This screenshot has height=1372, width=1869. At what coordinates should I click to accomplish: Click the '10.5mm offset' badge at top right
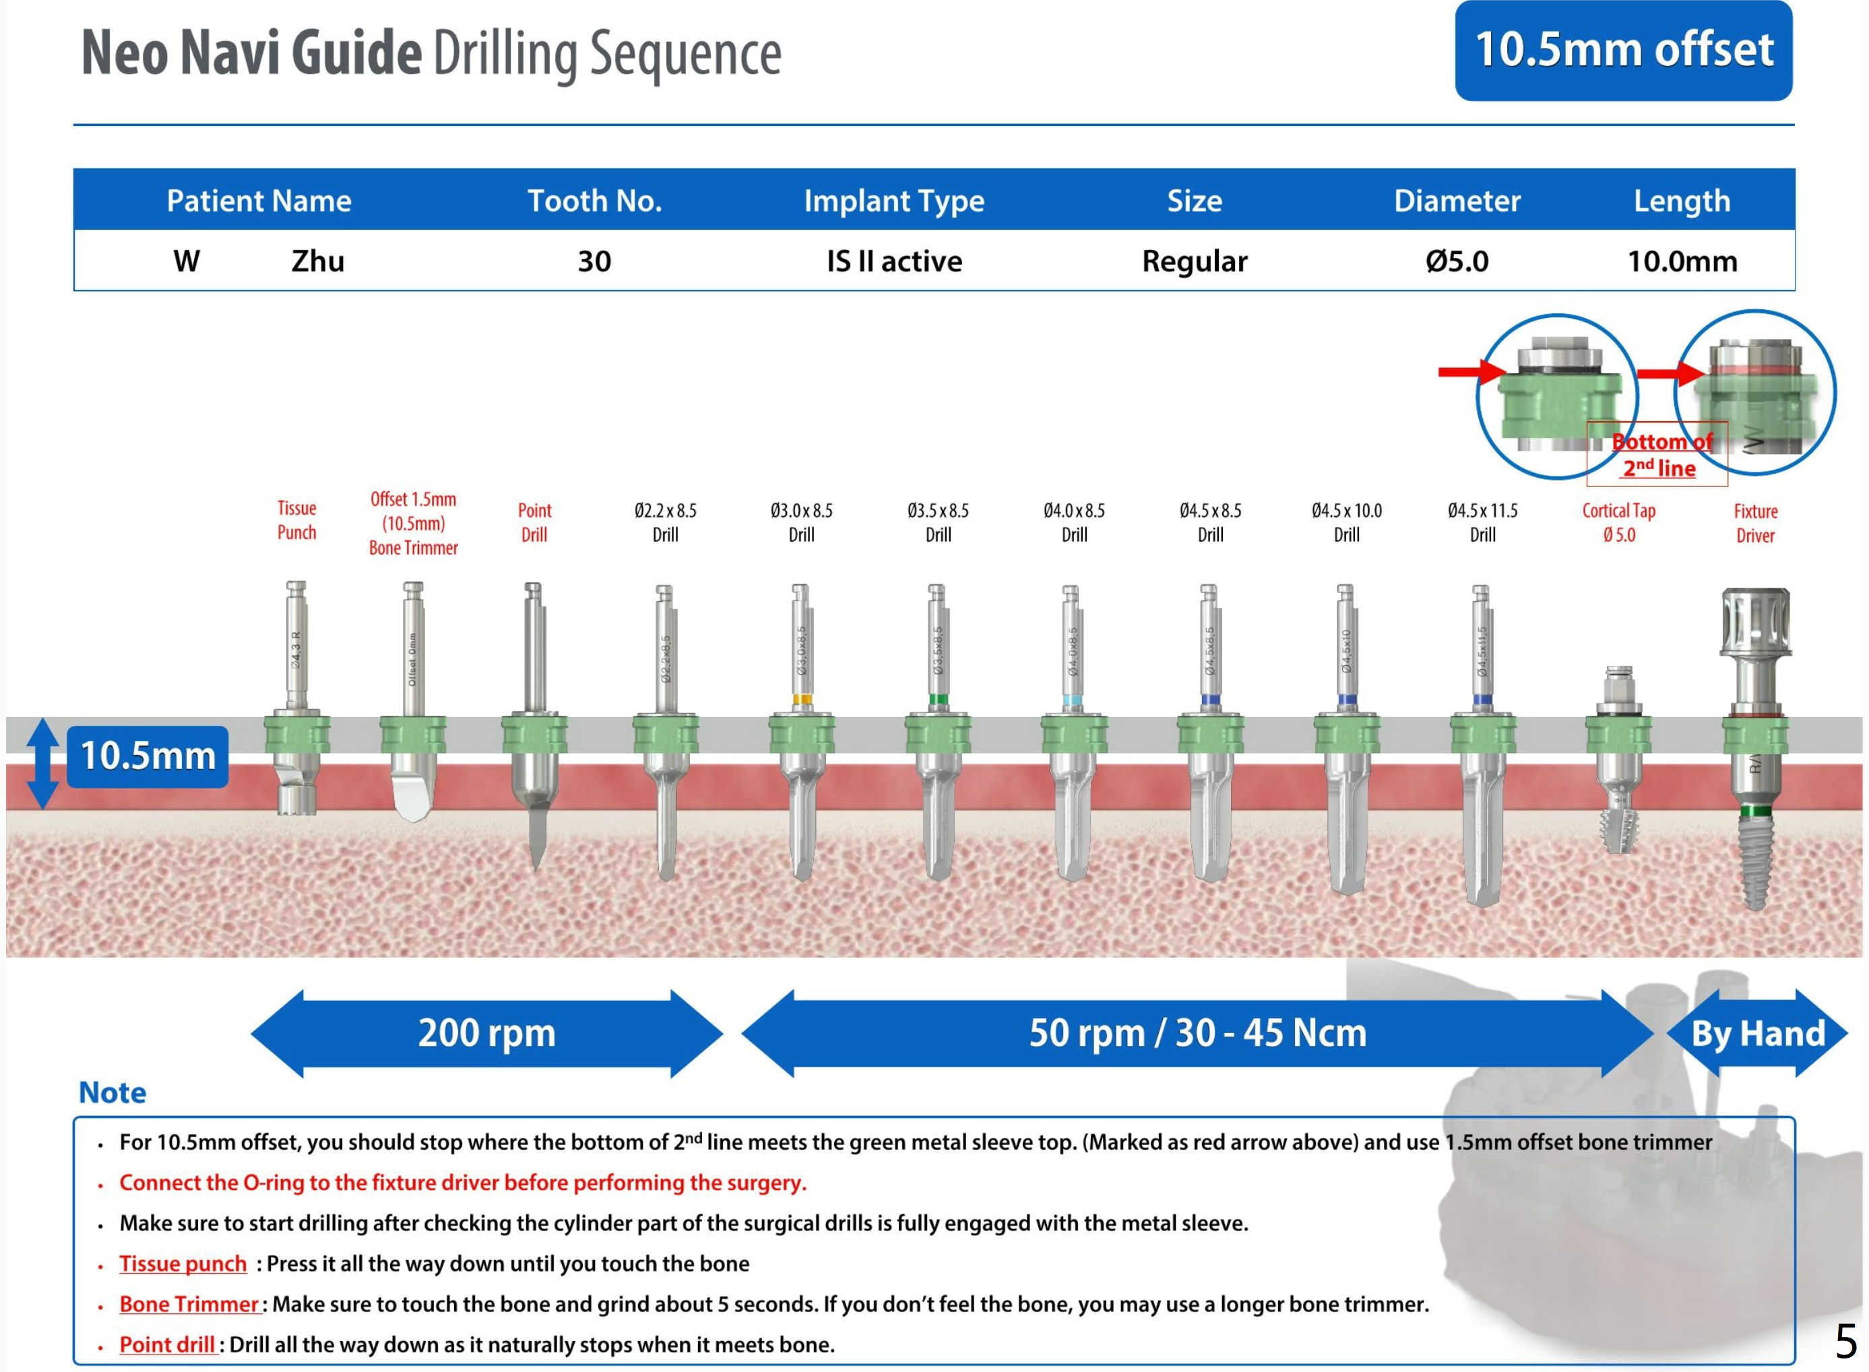tap(1622, 50)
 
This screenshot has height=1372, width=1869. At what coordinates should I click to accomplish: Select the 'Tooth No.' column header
tap(594, 200)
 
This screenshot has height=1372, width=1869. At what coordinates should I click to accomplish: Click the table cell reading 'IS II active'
tap(893, 261)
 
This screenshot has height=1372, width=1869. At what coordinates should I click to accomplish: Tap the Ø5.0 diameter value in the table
tap(1457, 261)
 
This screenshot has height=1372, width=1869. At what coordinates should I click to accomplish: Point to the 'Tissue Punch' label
tap(296, 520)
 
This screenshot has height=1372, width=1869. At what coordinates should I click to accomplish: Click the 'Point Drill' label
tap(534, 522)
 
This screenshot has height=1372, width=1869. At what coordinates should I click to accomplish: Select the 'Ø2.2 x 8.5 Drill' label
tap(665, 522)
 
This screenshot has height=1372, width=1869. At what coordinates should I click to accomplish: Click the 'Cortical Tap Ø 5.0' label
tap(1618, 522)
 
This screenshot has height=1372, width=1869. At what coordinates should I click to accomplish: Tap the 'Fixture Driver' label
tap(1754, 522)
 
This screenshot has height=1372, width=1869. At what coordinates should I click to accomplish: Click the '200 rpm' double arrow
tap(486, 1033)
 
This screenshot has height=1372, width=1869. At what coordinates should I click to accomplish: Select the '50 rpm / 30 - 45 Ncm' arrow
tap(1197, 1033)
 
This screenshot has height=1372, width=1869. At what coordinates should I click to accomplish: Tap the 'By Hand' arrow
tap(1757, 1033)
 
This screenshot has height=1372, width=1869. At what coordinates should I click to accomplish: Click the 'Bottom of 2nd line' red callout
tap(1657, 454)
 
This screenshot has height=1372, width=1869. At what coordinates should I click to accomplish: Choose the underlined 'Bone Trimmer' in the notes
tap(189, 1304)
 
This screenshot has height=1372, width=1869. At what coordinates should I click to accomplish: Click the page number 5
tap(1845, 1340)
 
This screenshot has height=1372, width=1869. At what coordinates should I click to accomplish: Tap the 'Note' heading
tap(112, 1092)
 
